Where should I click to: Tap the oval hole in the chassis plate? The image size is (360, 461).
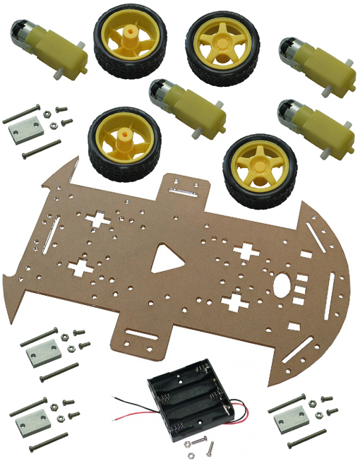[281, 285]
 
